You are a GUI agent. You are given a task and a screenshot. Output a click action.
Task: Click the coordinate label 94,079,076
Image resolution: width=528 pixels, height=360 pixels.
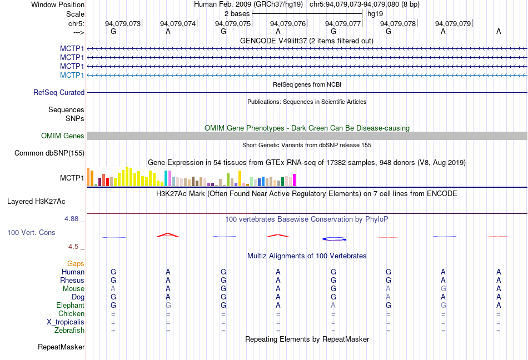pos(288,23)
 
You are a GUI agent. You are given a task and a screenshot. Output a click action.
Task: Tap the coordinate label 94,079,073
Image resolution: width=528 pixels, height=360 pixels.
pos(123,23)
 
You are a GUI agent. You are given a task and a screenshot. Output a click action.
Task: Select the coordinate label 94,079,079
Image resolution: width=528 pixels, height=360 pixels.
pos(453,23)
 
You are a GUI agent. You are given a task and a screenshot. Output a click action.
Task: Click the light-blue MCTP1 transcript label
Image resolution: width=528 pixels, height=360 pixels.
pos(72,75)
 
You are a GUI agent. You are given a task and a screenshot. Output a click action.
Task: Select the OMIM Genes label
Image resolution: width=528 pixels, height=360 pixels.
pos(63,136)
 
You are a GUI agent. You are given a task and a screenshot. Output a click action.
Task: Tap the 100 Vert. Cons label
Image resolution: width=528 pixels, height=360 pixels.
pos(31,232)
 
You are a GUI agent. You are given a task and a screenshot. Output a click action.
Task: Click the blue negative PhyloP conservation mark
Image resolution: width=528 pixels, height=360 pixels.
pos(334,239)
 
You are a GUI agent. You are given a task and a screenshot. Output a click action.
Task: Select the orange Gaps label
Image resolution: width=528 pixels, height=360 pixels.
pos(76,263)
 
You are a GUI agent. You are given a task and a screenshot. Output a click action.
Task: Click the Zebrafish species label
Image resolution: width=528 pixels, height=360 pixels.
pos(69,331)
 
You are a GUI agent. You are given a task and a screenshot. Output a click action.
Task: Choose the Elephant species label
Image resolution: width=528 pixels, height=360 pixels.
pos(70,306)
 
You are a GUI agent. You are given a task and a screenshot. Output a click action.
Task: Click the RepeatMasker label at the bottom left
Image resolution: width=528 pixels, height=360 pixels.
pos(61,347)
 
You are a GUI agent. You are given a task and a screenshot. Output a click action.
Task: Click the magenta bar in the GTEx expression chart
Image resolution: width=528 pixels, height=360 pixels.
pos(295,180)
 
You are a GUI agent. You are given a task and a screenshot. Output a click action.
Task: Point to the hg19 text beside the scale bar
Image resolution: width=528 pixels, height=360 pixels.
pos(375,13)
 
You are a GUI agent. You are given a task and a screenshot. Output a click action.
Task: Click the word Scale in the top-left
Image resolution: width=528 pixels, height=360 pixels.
pos(75,14)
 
